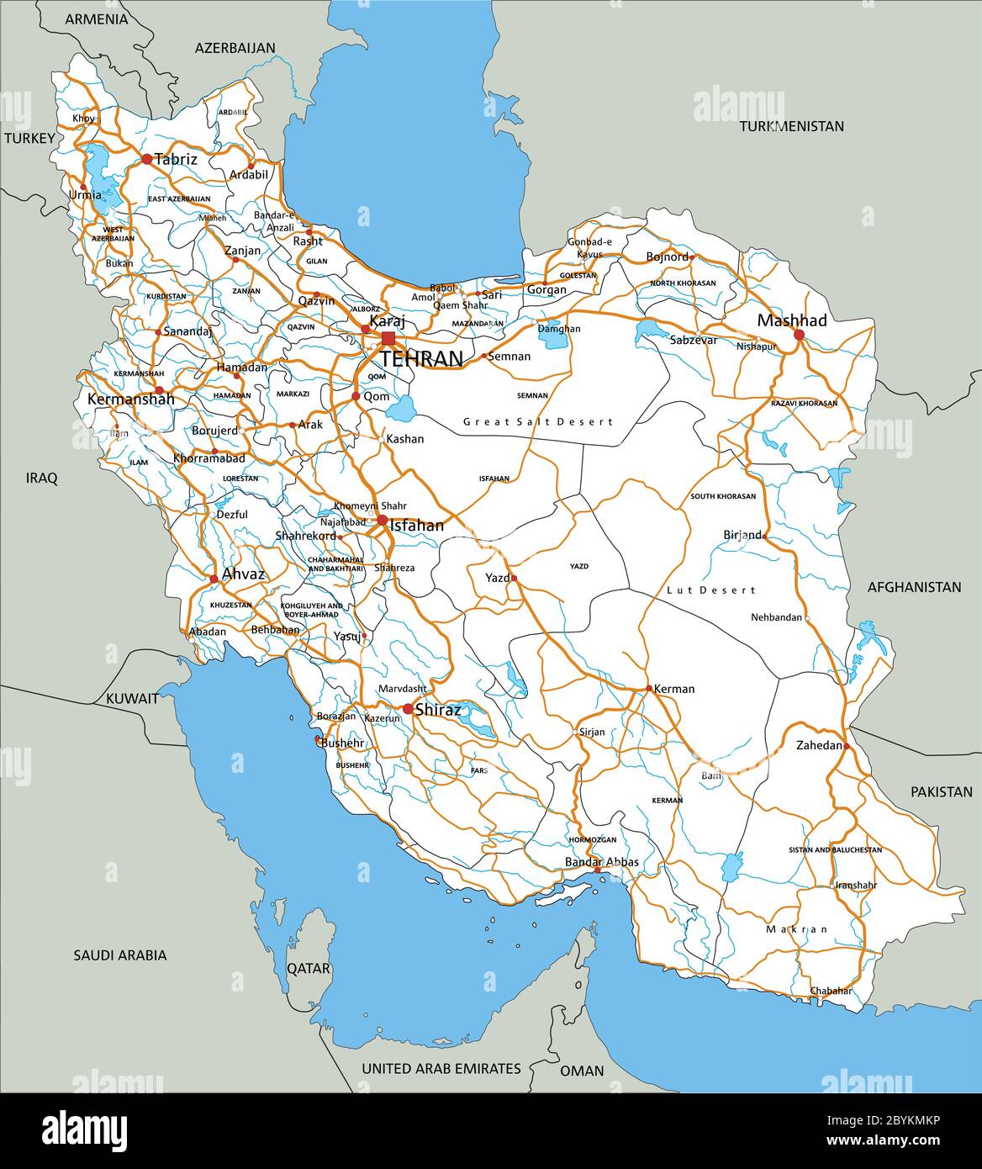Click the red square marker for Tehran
pos(388,338)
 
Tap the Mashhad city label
pos(791,320)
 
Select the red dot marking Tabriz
pos(146,158)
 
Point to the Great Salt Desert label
pos(538,421)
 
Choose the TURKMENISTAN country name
pos(791,126)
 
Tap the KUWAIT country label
pos(132,698)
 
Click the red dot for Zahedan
pos(847,746)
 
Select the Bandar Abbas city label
pos(601,862)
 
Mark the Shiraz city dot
pos(408,709)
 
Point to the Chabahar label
pos(831,991)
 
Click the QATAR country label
pos(309,968)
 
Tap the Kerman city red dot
pos(649,688)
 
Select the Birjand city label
pos(742,535)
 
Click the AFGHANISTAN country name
pos(914,587)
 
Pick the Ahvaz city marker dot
pos(214,578)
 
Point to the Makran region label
pos(796,929)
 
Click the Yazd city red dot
pos(514,579)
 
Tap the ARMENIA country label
pos(97,19)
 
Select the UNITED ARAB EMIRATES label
pos(441,1068)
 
